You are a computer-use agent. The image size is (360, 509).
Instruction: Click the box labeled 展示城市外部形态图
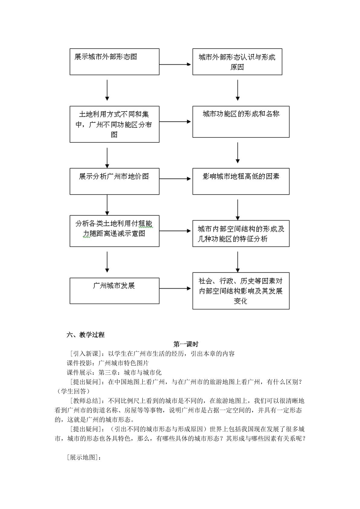point(114,62)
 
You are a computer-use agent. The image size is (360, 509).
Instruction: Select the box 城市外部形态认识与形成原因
point(237,62)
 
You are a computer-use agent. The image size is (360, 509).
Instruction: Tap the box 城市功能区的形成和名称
point(241,122)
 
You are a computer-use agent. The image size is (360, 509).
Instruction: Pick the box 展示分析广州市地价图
point(114,181)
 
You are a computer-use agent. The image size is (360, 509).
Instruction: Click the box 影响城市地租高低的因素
point(241,181)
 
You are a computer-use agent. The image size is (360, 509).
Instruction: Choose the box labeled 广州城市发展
point(114,291)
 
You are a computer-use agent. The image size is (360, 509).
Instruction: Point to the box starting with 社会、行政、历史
point(241,291)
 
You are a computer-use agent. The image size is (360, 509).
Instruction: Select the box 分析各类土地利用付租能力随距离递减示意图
point(114,231)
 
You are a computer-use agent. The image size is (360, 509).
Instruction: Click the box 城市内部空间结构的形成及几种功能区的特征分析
point(241,233)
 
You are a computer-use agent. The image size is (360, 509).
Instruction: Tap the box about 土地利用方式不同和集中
point(114,124)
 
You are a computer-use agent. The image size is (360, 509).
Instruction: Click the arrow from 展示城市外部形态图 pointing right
point(175,64)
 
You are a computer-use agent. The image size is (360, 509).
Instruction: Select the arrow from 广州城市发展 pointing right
point(175,288)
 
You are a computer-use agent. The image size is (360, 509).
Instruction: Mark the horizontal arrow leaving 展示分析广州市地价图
point(175,179)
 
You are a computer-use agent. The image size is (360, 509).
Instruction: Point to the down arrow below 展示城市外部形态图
point(107,90)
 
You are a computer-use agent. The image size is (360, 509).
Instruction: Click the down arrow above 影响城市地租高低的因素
point(238,153)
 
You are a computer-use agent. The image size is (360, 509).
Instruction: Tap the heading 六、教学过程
point(86,335)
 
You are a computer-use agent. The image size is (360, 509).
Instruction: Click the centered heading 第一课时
point(186,344)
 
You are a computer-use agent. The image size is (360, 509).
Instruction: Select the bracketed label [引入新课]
point(86,354)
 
